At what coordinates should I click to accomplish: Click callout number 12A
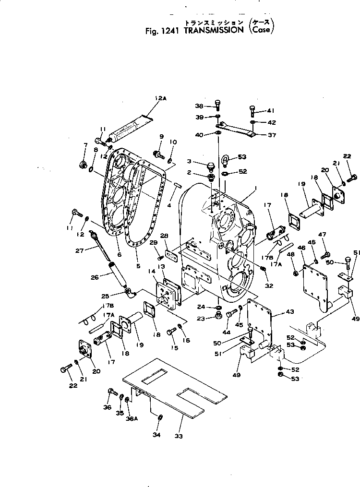160,99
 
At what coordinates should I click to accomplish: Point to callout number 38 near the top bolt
199,106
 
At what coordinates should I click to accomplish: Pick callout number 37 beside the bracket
272,135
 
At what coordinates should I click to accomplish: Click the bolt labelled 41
252,112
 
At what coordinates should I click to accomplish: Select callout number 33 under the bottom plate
180,436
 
